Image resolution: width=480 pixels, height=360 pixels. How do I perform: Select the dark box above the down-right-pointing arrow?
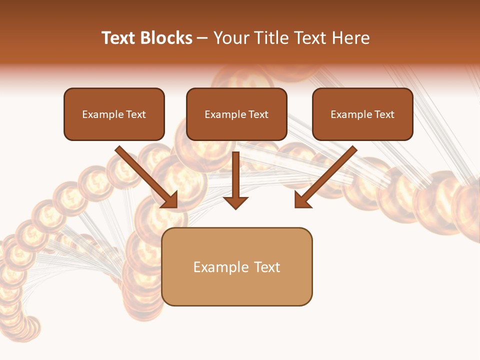coord(114,114)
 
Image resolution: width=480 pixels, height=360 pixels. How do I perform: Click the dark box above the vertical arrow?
coord(236,114)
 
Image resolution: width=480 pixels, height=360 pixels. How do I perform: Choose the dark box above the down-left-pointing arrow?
coord(362,114)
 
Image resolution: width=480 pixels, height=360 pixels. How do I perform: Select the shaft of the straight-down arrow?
coord(235,172)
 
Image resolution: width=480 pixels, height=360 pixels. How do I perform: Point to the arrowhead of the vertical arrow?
coord(235,202)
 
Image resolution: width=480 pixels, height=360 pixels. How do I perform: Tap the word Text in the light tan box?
coord(267,267)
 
